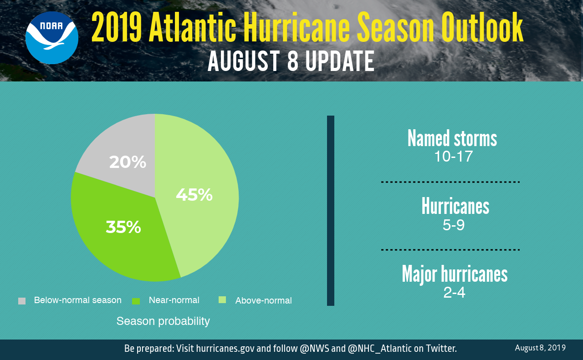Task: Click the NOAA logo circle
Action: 51,38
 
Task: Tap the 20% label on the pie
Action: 128,162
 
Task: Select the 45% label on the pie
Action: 194,195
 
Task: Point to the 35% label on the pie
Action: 123,227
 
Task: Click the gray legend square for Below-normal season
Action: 22,301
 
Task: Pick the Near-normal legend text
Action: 174,300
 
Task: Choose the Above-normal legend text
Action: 263,301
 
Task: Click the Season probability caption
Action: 163,321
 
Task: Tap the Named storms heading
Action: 452,138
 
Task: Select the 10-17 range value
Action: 453,157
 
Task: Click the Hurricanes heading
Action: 455,207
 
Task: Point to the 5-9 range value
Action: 454,225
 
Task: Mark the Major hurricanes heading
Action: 455,274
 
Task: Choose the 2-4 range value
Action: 454,293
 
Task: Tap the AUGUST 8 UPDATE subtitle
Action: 291,61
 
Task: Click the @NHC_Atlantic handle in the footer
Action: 379,349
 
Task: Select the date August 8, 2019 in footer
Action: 540,348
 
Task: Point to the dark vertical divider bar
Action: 331,210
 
